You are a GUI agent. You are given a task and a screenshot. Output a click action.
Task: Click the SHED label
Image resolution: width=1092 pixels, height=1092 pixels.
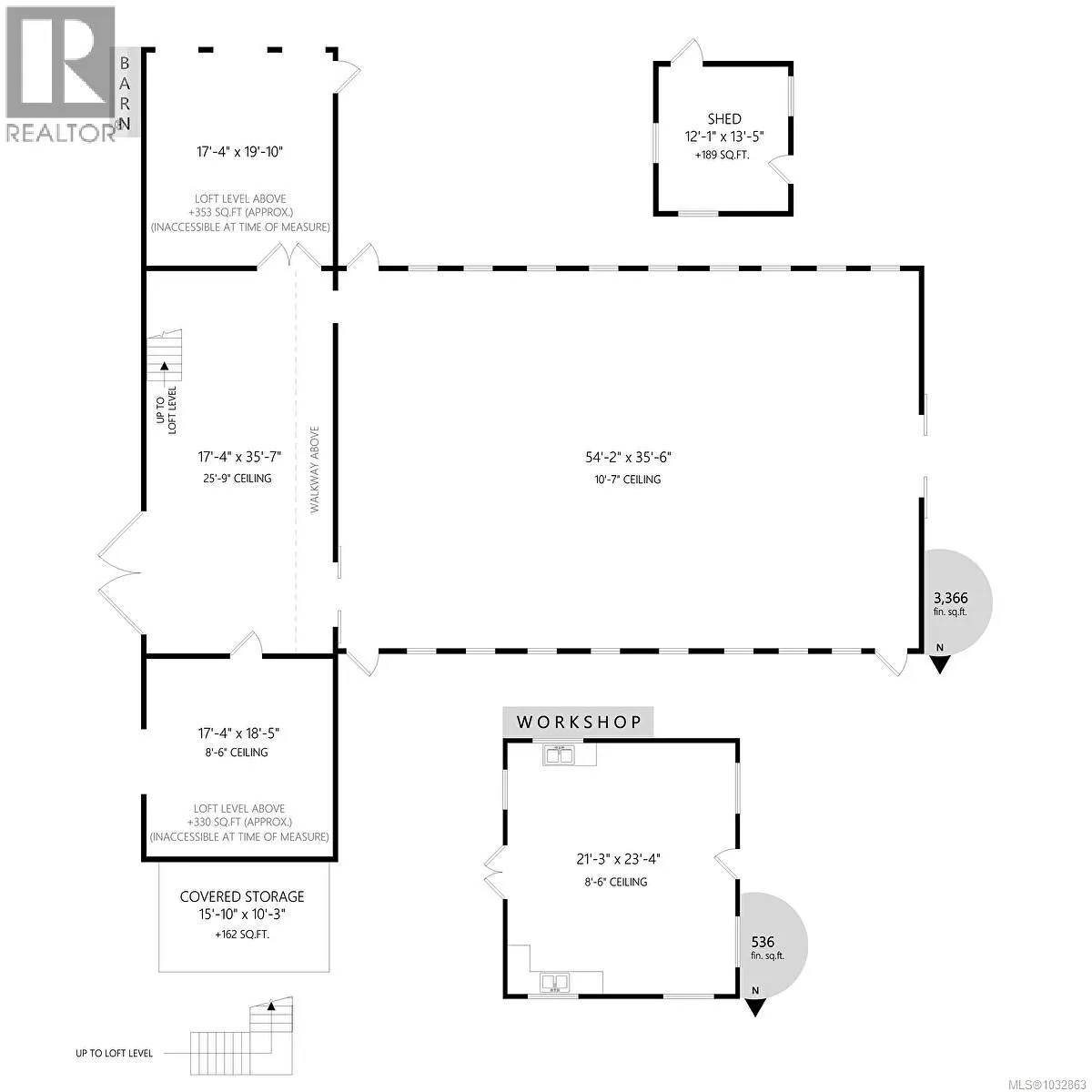click(723, 119)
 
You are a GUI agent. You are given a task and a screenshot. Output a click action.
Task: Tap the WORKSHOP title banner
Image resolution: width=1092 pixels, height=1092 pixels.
click(578, 722)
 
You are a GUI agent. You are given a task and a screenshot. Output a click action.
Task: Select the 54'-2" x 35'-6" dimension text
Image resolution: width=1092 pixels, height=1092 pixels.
click(628, 458)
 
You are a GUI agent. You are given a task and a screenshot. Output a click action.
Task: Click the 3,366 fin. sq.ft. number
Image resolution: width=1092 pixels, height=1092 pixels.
click(951, 598)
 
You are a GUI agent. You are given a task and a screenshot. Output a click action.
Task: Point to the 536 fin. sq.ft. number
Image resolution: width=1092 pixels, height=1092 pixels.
click(763, 942)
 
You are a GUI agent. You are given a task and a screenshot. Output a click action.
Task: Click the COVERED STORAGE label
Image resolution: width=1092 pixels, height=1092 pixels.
click(242, 897)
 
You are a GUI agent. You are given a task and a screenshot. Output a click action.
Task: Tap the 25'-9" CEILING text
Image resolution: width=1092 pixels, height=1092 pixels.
click(237, 479)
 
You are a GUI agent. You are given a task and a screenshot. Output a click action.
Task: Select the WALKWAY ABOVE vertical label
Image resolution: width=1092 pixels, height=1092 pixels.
click(315, 470)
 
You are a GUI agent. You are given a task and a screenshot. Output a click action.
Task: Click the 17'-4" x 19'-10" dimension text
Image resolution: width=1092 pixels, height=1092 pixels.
click(239, 152)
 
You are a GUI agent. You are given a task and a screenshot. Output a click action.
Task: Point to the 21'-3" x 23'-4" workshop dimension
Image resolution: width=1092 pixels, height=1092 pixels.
click(618, 859)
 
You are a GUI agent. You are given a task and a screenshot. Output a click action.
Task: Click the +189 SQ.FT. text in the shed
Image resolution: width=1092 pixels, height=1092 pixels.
click(722, 155)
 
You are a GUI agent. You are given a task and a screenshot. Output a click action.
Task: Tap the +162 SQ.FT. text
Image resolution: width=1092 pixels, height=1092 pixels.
click(242, 935)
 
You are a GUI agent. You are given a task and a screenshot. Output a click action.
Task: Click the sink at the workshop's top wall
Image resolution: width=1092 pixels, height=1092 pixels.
click(560, 755)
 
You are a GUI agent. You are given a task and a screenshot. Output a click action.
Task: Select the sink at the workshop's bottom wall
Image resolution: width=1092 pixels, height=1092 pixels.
click(555, 982)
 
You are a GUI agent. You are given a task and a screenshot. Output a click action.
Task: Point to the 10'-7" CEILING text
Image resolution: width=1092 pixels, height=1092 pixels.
click(627, 480)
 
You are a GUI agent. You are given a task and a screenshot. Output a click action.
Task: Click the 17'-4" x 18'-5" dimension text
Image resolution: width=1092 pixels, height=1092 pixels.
click(238, 733)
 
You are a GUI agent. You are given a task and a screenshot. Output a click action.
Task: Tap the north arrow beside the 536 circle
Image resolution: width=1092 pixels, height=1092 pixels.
click(754, 1006)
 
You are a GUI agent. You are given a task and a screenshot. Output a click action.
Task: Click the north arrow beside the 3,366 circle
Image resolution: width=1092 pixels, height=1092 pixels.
click(939, 661)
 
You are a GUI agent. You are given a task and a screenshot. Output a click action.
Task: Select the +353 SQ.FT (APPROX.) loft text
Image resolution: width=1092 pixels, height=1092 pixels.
click(240, 213)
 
